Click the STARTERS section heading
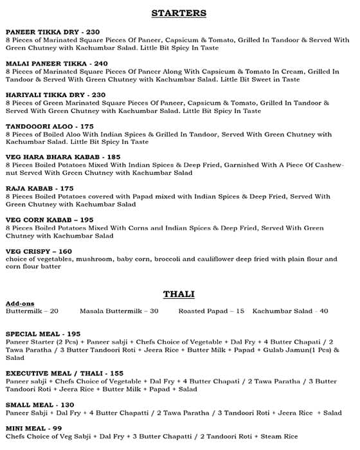click(179, 13)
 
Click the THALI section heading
click(179, 294)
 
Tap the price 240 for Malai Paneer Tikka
click(101, 64)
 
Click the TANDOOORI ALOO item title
click(39, 127)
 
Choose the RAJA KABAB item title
click(30, 188)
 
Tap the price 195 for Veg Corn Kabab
click(104, 220)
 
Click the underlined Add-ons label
click(19, 303)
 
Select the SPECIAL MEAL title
click(33, 334)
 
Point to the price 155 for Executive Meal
click(115, 373)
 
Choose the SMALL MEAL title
click(29, 404)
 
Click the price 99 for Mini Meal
click(57, 428)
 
